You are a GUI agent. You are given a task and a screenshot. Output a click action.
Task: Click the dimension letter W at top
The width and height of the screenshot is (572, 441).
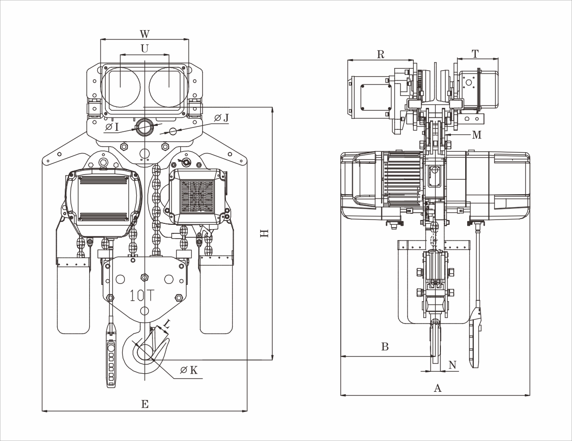pos(144,34)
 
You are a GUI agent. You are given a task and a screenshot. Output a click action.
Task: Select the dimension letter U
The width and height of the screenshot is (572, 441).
pos(144,48)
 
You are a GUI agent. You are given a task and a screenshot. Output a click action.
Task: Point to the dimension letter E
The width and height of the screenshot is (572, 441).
pos(145,404)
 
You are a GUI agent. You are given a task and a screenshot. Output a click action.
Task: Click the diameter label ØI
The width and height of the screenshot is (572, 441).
pos(112,126)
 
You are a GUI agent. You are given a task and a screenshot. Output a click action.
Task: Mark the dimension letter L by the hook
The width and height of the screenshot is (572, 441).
pos(166,324)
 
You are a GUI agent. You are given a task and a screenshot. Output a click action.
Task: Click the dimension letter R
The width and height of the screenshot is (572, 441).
pos(380,54)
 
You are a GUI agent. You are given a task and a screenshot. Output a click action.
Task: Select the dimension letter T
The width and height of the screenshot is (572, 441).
pos(475,54)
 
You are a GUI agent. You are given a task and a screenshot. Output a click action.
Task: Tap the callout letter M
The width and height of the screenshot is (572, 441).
pos(477,135)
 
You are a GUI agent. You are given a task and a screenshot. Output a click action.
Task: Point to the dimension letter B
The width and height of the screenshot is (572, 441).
pos(385,347)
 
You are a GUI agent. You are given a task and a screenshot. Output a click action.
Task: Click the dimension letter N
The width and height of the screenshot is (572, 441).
pos(452,366)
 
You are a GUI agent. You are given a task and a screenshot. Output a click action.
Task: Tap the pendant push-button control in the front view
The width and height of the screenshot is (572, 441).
pos(111,363)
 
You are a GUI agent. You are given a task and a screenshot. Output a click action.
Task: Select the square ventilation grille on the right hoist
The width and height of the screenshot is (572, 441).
pos(197,197)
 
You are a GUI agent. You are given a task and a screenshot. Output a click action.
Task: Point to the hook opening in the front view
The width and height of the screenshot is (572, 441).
pos(143,353)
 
